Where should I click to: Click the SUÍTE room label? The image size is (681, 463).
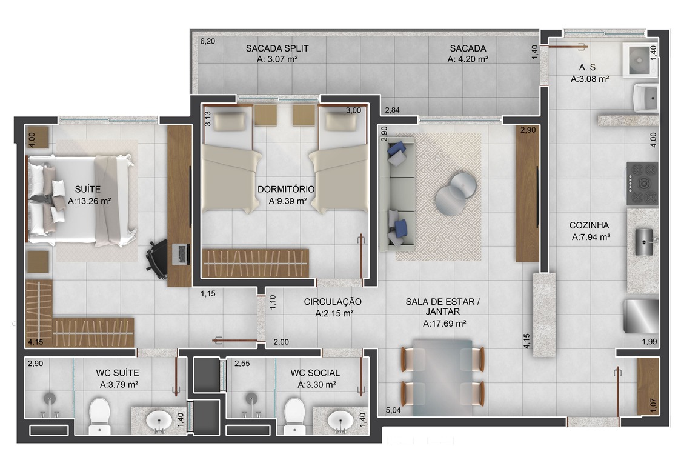click(88, 189)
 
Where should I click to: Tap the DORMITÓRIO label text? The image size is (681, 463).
click(286, 189)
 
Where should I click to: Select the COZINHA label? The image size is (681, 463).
click(589, 225)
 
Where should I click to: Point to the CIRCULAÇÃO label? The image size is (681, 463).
click(333, 301)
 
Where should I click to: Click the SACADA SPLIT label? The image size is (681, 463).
click(277, 48)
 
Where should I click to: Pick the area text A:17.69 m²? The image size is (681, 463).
click(444, 324)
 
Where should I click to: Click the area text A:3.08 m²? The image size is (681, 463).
click(590, 79)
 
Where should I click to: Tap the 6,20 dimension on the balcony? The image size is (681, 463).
click(207, 41)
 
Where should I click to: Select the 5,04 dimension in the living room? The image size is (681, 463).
click(393, 410)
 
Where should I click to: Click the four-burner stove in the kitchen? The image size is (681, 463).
click(642, 184)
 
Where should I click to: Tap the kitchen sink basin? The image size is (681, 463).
click(644, 241)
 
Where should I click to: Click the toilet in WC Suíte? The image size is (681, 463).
click(99, 416)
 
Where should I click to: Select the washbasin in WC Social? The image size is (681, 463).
click(340, 420)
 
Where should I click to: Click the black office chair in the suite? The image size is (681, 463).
click(157, 259)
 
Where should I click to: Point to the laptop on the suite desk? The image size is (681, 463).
click(181, 254)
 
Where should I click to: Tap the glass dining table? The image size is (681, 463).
click(442, 378)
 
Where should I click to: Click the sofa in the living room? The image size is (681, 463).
click(396, 194)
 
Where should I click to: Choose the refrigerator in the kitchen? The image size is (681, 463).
click(641, 316)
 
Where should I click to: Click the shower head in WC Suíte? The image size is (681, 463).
click(50, 399)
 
